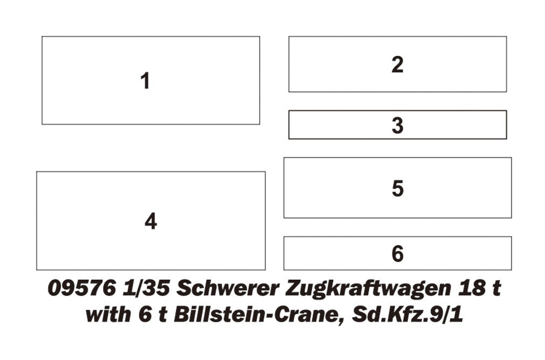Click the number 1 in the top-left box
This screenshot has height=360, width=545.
(x=145, y=81)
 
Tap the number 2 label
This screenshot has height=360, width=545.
(x=397, y=65)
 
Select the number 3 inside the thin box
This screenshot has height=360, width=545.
(x=397, y=125)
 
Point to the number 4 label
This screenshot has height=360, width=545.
(x=151, y=221)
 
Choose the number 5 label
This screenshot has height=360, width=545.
(x=397, y=189)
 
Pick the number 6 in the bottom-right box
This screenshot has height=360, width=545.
(x=397, y=254)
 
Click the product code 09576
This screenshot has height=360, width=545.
(x=82, y=288)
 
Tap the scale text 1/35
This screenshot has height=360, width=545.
(x=146, y=288)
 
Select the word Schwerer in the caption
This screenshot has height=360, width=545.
(x=228, y=288)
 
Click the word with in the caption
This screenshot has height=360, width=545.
(x=108, y=314)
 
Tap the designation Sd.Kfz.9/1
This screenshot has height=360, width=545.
(x=407, y=314)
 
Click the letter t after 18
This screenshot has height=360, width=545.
(x=495, y=289)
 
